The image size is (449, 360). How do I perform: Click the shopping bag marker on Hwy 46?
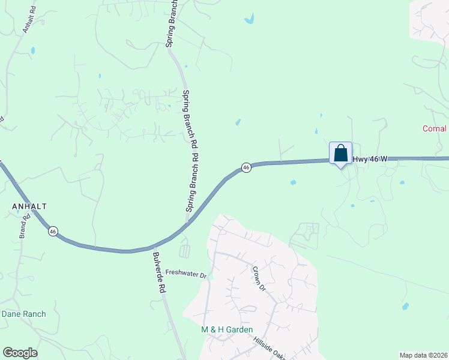340,153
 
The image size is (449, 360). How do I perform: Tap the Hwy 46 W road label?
370,159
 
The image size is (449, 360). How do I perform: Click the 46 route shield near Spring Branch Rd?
246,168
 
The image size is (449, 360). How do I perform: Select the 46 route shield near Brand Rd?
53,231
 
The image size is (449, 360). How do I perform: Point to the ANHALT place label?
29,206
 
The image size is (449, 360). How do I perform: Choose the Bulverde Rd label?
158,272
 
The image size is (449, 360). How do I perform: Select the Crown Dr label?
259,278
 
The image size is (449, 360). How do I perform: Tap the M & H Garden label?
227,329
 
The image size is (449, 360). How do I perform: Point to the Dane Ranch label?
23,314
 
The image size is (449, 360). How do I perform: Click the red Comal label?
435,128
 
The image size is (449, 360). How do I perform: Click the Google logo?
20,353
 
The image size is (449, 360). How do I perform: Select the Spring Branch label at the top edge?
171,24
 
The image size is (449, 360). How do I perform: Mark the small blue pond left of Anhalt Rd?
32,50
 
